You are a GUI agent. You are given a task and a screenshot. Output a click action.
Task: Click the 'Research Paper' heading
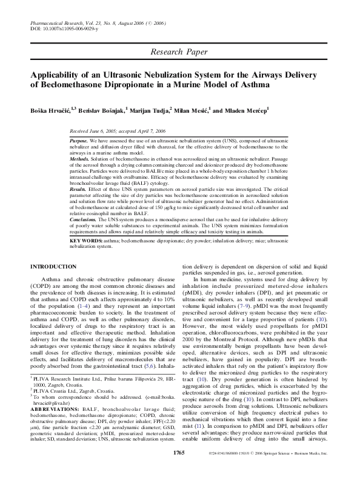coord(179,53)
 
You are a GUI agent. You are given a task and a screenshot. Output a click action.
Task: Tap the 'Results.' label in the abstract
coord(81,190)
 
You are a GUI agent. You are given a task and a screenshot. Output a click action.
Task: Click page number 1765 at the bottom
coord(179,470)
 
